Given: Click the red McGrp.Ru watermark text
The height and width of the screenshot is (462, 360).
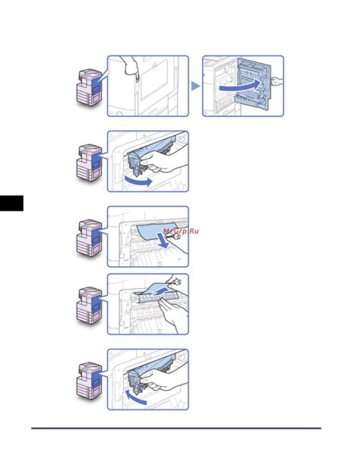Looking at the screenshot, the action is [x=180, y=231].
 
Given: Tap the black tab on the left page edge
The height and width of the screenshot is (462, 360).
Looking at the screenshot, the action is [x=11, y=203].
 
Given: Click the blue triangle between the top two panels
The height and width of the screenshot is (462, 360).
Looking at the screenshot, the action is [x=195, y=86].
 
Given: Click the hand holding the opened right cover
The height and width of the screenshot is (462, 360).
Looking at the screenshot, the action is [x=276, y=81].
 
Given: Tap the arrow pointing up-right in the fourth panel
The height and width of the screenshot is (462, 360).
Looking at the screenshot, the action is [x=162, y=292].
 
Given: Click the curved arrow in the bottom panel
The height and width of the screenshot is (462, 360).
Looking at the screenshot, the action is [x=134, y=397].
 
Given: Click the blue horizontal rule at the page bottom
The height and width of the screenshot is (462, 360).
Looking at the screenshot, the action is [x=176, y=428].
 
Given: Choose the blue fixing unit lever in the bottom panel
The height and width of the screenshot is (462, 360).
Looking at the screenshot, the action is [x=134, y=383].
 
